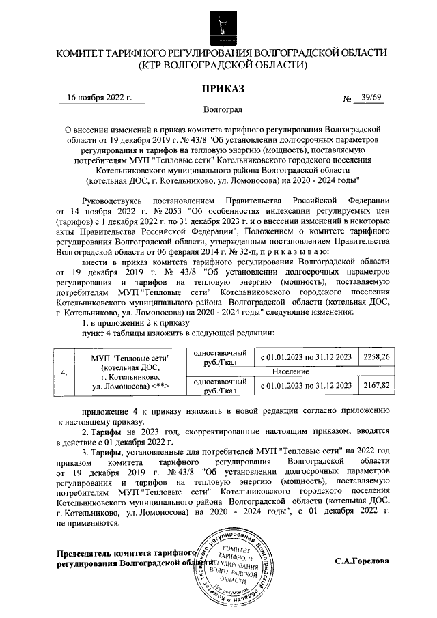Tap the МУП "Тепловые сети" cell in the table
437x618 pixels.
[x=130, y=372]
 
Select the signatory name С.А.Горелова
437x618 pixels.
[x=362, y=561]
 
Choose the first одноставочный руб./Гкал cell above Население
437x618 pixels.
[x=220, y=357]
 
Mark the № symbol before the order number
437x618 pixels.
[x=346, y=100]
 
